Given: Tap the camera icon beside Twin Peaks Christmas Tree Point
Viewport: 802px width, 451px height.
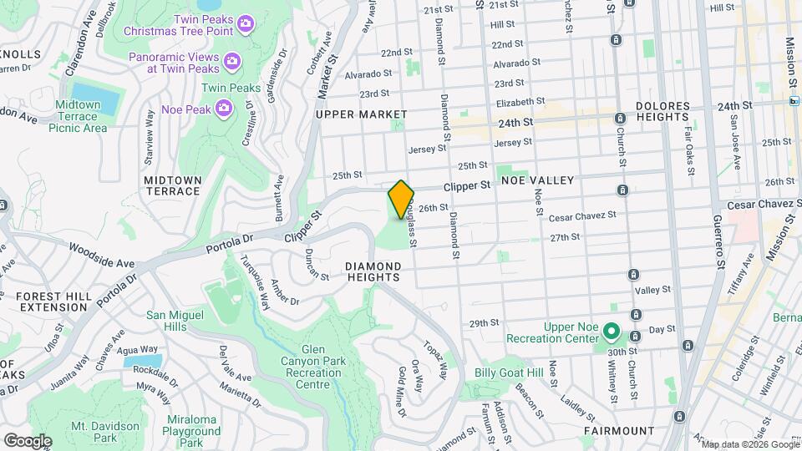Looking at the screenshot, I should (245, 24).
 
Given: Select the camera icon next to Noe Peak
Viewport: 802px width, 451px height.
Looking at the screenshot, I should (223, 107).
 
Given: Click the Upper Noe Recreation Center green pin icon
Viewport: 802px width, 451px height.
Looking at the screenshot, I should (611, 332).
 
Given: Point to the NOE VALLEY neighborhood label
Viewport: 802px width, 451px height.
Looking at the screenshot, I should (537, 180).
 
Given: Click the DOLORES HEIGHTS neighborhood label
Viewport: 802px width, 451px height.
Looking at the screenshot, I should (662, 112).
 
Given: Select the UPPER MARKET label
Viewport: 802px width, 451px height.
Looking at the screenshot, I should (361, 114).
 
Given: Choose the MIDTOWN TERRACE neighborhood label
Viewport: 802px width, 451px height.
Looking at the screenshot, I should (172, 185).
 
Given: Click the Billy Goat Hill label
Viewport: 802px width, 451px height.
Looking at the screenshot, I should (509, 372).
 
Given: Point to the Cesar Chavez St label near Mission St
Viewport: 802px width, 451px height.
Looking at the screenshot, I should (764, 204).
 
